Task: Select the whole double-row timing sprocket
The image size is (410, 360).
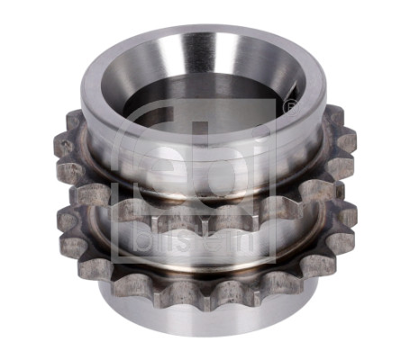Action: [205, 180]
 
